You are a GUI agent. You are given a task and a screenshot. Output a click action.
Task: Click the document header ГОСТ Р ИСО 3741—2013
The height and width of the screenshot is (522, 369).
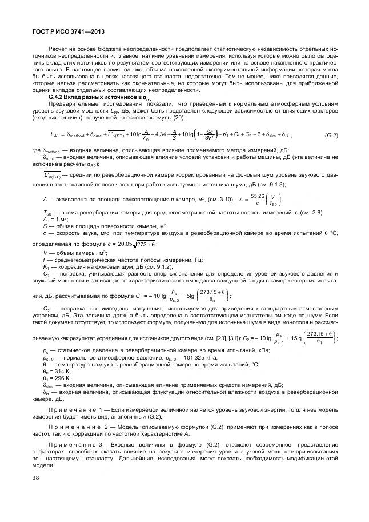(x=64, y=33)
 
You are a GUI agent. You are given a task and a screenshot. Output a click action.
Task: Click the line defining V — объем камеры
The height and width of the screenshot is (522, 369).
(x=69, y=253)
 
